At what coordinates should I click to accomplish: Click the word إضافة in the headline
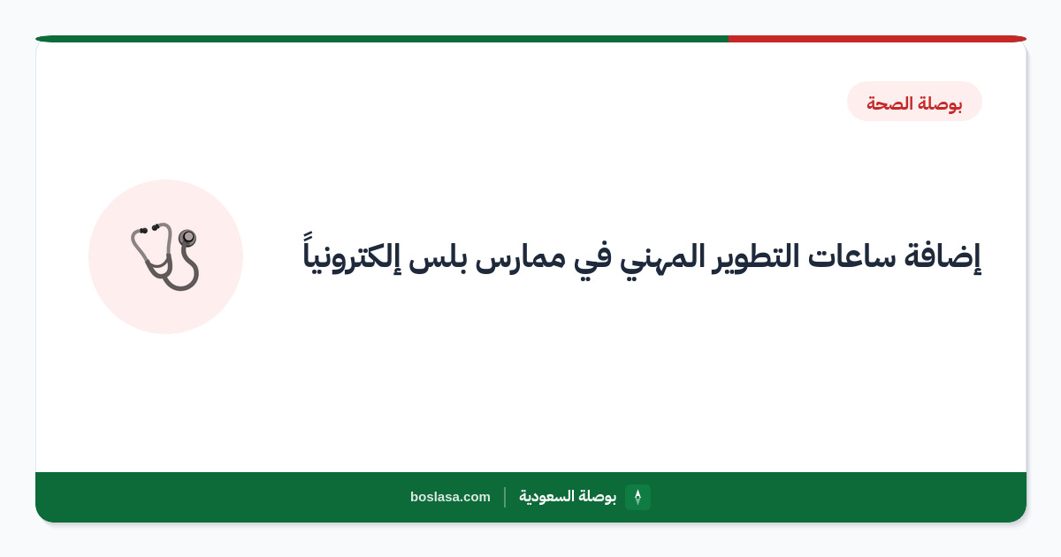(943, 257)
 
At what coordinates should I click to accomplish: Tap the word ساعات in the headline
(851, 257)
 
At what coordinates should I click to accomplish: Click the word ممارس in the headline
(520, 260)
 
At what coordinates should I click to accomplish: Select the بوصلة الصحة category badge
(914, 102)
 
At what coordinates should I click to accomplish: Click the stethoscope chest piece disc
(187, 237)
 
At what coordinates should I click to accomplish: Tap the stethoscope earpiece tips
(149, 229)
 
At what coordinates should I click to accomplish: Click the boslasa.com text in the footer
(450, 497)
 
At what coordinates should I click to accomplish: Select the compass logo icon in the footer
(637, 497)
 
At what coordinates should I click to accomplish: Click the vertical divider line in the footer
(505, 497)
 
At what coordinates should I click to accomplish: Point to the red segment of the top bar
(877, 39)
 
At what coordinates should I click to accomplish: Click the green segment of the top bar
(382, 39)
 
